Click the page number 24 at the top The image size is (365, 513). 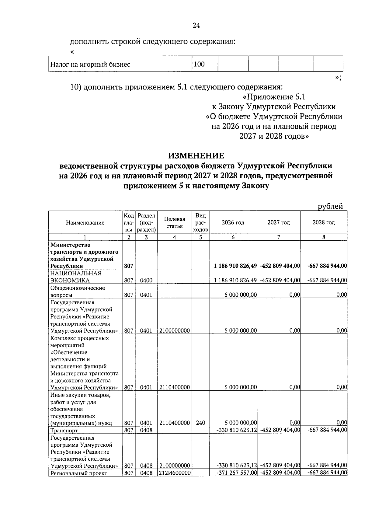point(196,26)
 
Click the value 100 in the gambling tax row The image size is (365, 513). point(199,64)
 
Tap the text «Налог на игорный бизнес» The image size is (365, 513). point(90,65)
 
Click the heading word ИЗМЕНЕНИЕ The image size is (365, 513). point(196,156)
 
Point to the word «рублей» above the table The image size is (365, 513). point(330,206)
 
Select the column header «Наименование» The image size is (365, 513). point(85,223)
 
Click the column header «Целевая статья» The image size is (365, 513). point(174,223)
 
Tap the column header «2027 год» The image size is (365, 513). point(279,222)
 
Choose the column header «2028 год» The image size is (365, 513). point(324,222)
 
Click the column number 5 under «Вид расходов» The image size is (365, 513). point(200,237)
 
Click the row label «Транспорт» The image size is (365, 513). point(64,431)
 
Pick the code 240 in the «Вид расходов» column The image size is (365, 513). point(200,423)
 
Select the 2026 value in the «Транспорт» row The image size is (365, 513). point(237,430)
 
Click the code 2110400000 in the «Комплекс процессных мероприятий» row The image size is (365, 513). point(174,387)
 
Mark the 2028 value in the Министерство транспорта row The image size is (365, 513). point(327,266)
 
